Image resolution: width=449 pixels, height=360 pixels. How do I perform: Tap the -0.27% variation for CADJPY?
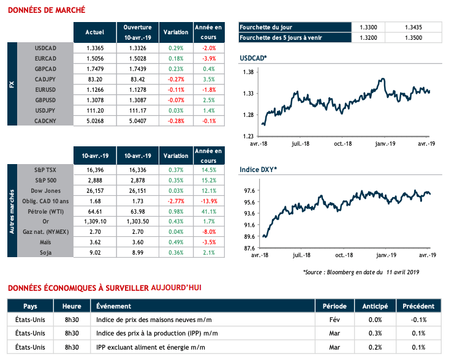[175, 79]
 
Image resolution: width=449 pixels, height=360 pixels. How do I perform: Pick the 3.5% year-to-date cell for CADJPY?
[208, 79]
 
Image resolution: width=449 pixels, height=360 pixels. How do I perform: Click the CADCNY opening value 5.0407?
[137, 121]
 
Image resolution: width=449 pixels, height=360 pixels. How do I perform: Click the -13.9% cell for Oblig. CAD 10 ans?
[208, 201]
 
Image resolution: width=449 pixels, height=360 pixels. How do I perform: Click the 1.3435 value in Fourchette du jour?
[414, 27]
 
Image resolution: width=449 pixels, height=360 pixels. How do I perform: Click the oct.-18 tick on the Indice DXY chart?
[342, 254]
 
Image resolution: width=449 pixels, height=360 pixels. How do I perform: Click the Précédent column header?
[419, 306]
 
